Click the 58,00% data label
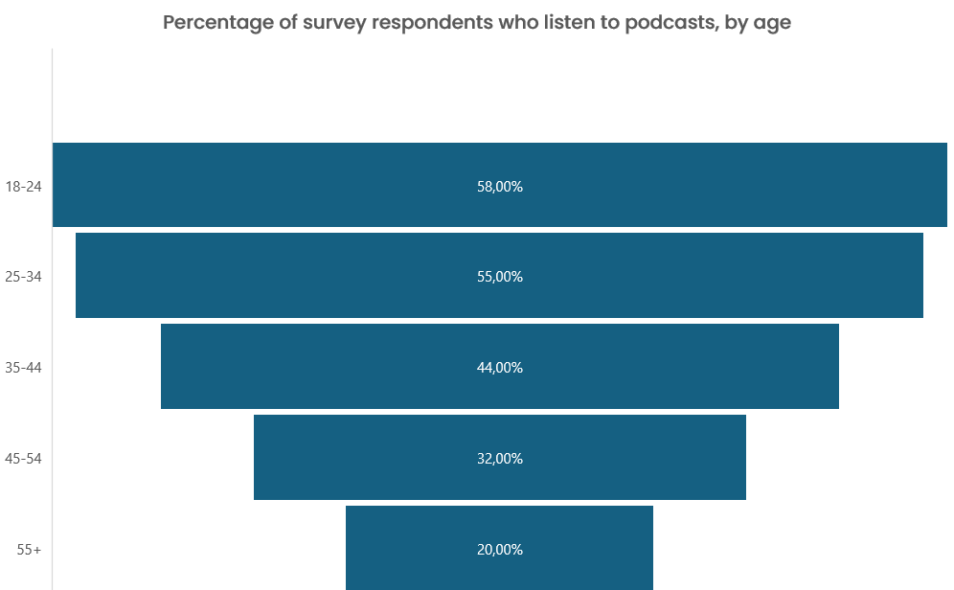coord(499,187)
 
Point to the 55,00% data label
coord(499,277)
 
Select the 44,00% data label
coord(499,368)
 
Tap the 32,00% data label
coord(499,459)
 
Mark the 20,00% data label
coord(499,550)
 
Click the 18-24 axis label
coord(23,187)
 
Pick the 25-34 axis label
coord(23,277)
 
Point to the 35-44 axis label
coord(23,368)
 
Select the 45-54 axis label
coord(23,459)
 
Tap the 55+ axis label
coord(29,550)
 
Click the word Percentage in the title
coord(216,23)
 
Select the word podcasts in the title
coord(668,23)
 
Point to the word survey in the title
coord(334,23)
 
